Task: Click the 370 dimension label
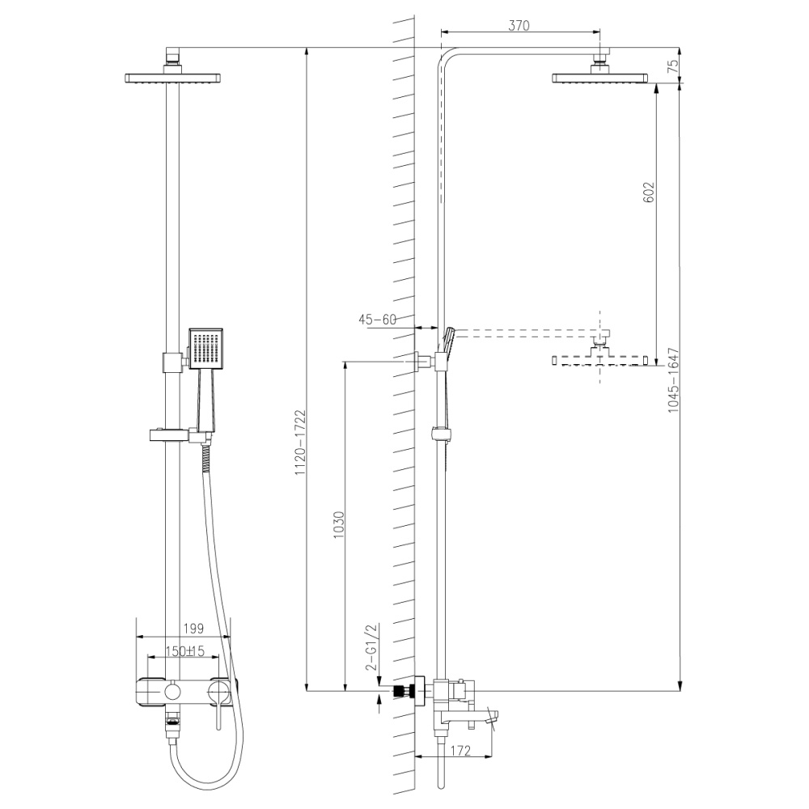[519, 25]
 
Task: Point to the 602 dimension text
[647, 192]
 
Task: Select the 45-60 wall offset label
[377, 320]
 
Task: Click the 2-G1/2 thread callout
[373, 647]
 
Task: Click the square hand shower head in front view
[204, 348]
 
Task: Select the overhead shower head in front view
[173, 78]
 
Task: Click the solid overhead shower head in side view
[600, 78]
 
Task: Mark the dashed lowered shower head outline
[600, 359]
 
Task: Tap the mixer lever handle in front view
[218, 704]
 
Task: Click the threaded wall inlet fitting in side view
[398, 692]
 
